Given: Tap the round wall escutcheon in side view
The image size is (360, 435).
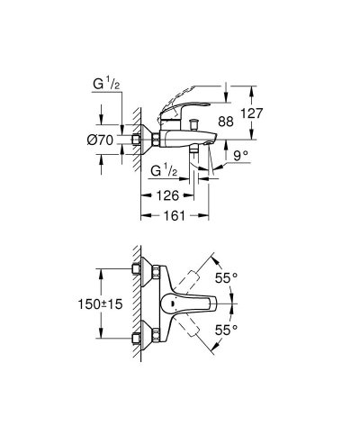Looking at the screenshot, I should point(138,140).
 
